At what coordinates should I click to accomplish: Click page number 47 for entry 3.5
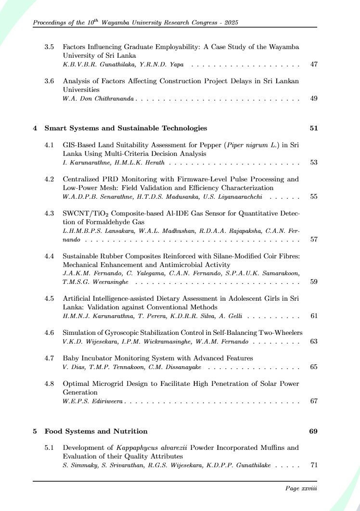tap(314, 64)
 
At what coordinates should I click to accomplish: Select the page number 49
tap(314, 99)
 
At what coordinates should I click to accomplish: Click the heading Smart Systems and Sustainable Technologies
tap(126, 128)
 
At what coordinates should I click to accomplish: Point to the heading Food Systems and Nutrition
tap(96, 431)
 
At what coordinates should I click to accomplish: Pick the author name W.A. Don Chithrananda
tap(99, 99)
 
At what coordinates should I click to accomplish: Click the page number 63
tap(314, 341)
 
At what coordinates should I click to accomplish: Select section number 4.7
tap(49, 358)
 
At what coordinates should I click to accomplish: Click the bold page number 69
tap(313, 431)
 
